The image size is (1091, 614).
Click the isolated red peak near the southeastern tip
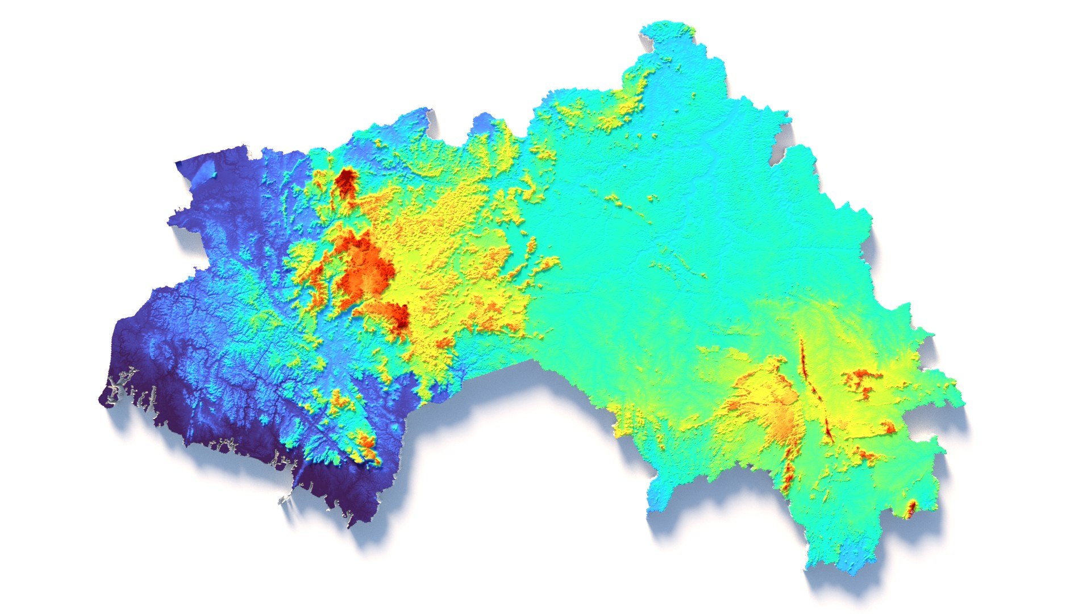[910, 508]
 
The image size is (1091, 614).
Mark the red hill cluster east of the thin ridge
[861, 378]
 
